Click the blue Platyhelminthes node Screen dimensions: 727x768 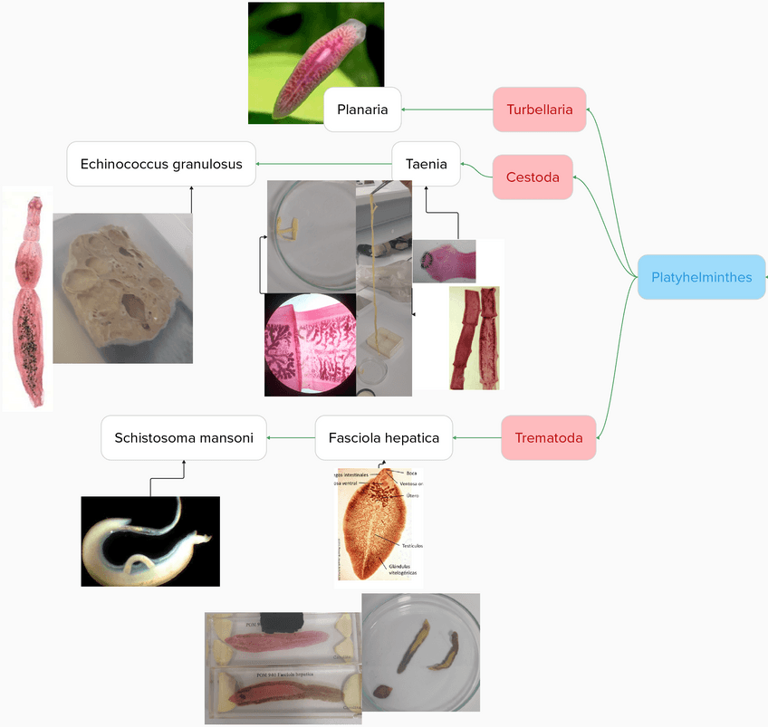(701, 277)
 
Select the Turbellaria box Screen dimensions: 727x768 (539, 110)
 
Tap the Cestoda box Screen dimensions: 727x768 (533, 177)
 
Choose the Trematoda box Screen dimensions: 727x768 (548, 438)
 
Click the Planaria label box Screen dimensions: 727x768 (362, 110)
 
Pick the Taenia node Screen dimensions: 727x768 (426, 164)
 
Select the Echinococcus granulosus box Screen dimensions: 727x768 (161, 164)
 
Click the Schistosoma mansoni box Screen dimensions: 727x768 (184, 438)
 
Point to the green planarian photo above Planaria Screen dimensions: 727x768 (315, 62)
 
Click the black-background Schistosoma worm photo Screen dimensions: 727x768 (150, 541)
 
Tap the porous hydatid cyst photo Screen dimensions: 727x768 (122, 288)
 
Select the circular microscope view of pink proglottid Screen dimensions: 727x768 (310, 345)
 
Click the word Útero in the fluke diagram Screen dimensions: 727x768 (411, 496)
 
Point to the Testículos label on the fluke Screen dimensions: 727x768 (412, 545)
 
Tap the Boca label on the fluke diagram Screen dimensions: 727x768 (411, 473)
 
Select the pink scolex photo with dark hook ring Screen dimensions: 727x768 (444, 262)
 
